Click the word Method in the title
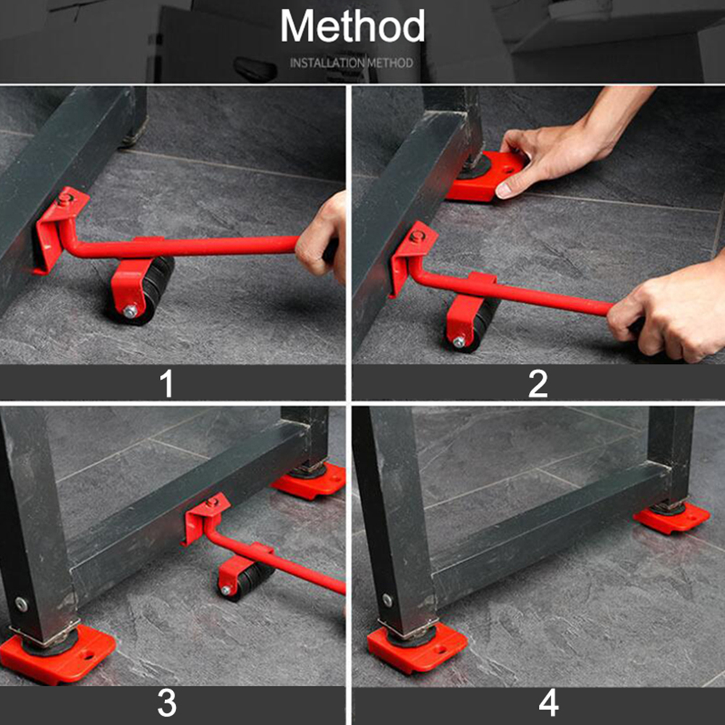(x=352, y=26)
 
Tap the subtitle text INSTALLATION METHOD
(x=352, y=63)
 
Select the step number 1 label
(x=166, y=383)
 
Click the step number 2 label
(x=538, y=383)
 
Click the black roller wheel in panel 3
(x=247, y=581)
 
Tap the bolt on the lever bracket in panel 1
(x=64, y=199)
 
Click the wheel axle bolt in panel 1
(x=130, y=311)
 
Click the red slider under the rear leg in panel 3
(x=309, y=481)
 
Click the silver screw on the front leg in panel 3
(x=21, y=604)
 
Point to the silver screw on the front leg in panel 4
(x=388, y=600)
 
